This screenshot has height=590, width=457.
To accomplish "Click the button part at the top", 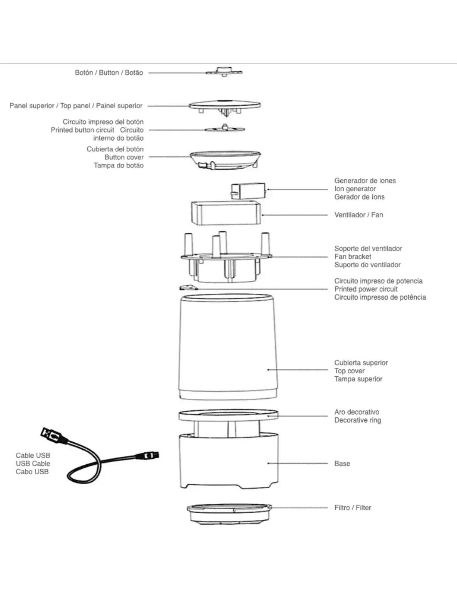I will (x=224, y=72).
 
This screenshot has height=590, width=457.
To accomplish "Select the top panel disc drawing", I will (x=224, y=105).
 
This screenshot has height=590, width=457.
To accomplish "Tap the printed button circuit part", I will (x=224, y=129).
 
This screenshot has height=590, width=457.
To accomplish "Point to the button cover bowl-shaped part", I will (x=225, y=160).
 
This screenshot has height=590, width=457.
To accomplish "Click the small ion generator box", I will (x=248, y=190).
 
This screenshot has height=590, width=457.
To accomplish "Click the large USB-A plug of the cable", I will (x=51, y=435).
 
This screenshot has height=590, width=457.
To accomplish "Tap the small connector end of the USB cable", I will (x=150, y=455).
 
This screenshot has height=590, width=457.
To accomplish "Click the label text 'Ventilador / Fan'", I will (x=359, y=215).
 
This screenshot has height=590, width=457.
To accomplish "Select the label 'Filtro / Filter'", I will (x=352, y=507).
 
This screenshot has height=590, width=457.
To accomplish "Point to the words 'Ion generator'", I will (x=355, y=189).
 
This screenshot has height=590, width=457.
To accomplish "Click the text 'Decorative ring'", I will (x=357, y=420).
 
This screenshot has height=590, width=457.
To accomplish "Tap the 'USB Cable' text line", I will (x=33, y=463).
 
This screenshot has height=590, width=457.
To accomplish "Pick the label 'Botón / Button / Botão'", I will (x=109, y=73).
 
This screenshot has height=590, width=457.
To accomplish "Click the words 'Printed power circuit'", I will (x=366, y=289).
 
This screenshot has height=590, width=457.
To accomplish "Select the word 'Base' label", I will (x=342, y=463).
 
